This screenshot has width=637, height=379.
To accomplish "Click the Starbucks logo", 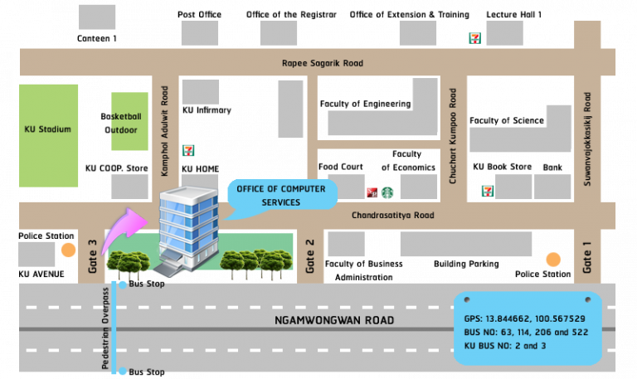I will (x=387, y=193).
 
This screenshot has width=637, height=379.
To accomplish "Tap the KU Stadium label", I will (x=48, y=129).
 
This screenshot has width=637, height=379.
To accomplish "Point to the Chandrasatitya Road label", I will (x=393, y=216).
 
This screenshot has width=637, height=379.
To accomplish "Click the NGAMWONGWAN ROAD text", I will (x=335, y=320).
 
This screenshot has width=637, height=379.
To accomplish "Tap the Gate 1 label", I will (x=587, y=257).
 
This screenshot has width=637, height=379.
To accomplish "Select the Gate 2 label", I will (x=310, y=256).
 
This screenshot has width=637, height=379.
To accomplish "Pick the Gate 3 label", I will (x=92, y=256).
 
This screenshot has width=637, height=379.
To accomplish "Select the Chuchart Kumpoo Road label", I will (x=453, y=137).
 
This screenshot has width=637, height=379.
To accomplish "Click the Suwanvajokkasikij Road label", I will (x=587, y=138).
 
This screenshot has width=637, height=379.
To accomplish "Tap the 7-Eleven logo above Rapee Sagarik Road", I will (x=474, y=37).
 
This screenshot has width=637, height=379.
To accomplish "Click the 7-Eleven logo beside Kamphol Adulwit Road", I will (x=188, y=150).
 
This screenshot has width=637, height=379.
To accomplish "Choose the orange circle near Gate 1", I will (x=553, y=260).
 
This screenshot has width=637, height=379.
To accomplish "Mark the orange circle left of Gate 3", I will (x=68, y=250).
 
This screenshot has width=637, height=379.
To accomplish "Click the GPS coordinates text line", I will (x=525, y=318).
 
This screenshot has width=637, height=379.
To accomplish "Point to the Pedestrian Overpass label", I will (x=105, y=328).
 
